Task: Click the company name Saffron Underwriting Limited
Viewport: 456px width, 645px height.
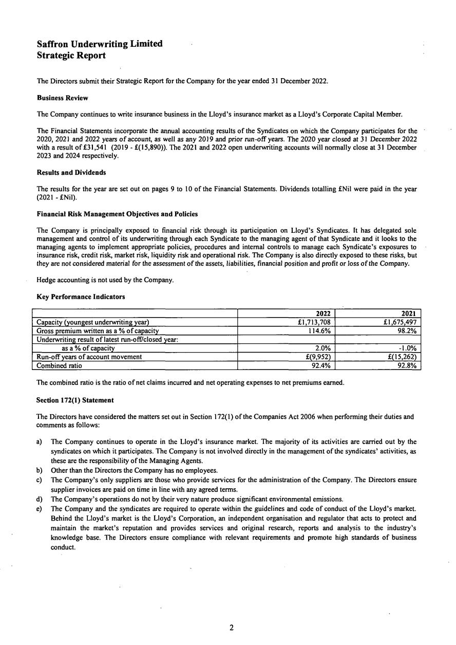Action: click(100, 44)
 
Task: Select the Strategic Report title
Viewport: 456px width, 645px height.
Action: click(71, 56)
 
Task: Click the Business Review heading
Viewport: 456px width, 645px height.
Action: click(62, 98)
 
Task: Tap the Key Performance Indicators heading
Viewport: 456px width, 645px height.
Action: click(81, 297)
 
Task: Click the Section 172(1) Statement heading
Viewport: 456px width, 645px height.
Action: click(75, 400)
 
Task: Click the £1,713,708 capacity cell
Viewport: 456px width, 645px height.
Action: click(314, 322)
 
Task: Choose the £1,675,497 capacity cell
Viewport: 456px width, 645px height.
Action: click(400, 322)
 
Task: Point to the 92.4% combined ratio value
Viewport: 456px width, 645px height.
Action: click(321, 365)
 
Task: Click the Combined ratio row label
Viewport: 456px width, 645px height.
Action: click(59, 365)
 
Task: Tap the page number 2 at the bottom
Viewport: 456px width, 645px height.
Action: click(232, 627)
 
